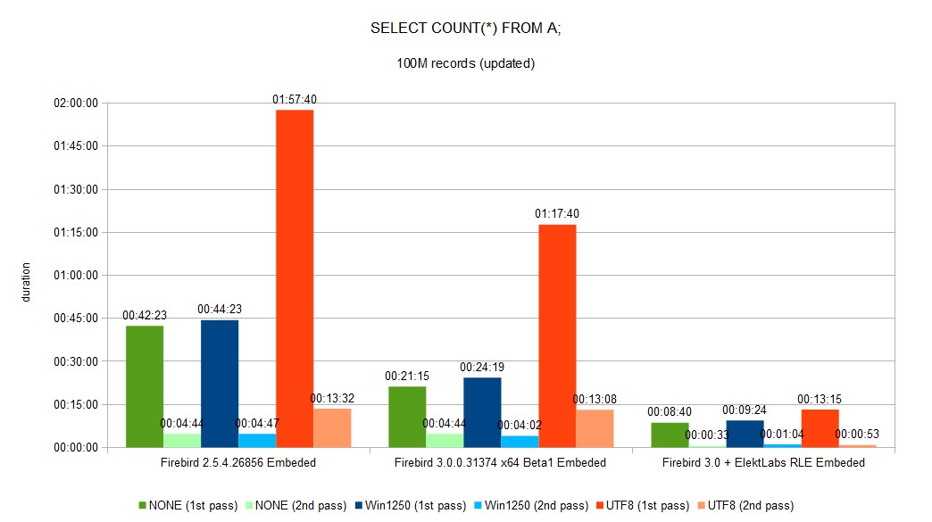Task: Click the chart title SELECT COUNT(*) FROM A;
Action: click(465, 28)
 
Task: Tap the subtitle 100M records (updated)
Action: click(465, 63)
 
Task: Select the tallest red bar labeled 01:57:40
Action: click(295, 278)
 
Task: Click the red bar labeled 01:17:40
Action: click(557, 336)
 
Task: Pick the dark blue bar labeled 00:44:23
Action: click(220, 384)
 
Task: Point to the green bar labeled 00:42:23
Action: click(145, 386)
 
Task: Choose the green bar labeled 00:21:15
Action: click(407, 417)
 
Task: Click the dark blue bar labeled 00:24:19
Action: click(482, 412)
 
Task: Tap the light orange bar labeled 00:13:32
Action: click(332, 427)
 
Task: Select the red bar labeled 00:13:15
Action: click(820, 428)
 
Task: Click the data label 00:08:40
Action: click(670, 411)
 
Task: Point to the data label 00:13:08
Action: click(595, 399)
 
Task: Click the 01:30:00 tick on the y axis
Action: click(76, 189)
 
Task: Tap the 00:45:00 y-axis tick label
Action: click(76, 319)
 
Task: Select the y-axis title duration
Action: click(26, 282)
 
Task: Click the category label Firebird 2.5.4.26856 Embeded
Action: click(238, 462)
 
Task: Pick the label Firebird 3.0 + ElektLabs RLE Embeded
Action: click(764, 462)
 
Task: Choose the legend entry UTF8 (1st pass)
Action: click(643, 505)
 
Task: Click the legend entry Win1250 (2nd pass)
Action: click(531, 505)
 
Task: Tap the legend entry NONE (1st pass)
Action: click(187, 505)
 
